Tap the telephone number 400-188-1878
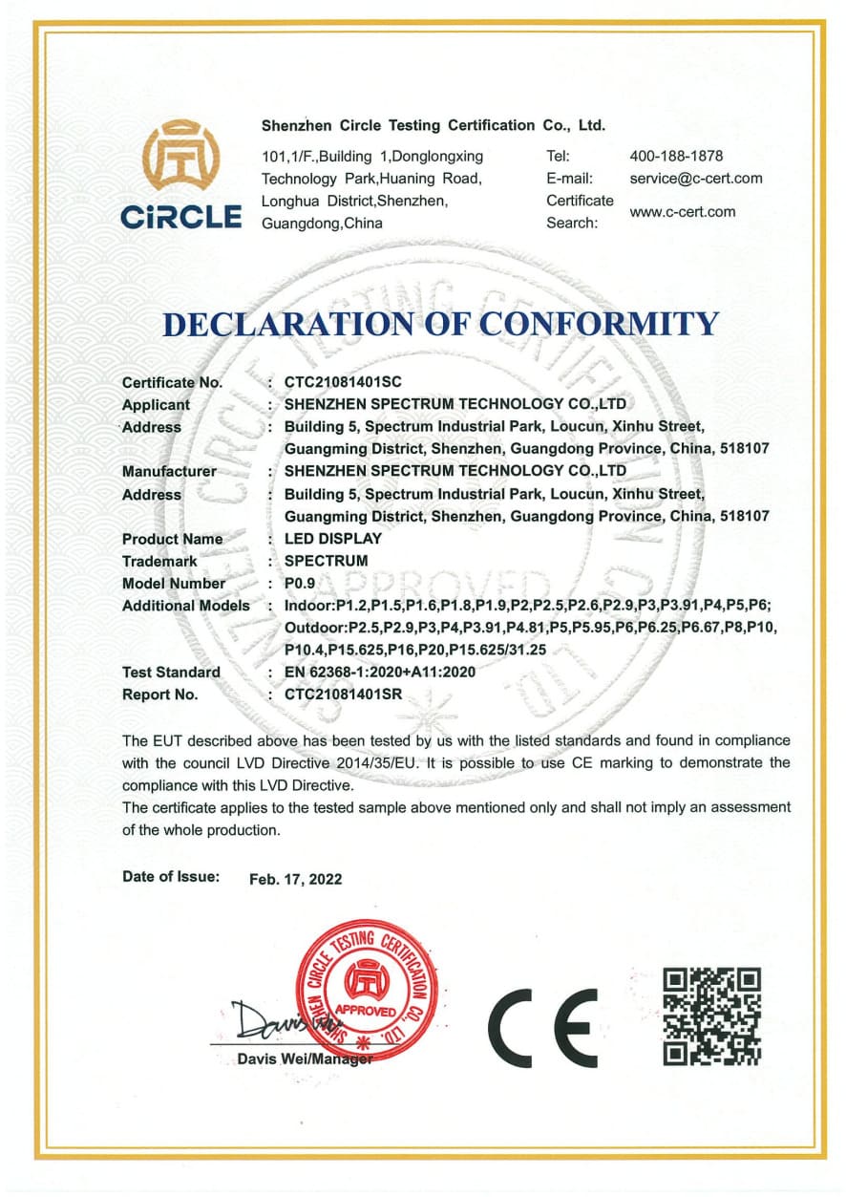point(676,156)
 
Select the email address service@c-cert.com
point(696,178)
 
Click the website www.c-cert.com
point(683,211)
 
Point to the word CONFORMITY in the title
point(599,323)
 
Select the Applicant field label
point(156,404)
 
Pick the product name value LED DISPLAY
point(333,539)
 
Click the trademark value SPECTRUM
point(327,561)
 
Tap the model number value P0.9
point(300,583)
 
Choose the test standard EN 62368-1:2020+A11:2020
point(380,672)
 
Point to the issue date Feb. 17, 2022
point(295,879)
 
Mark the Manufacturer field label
point(169,471)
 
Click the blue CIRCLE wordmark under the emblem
point(181,217)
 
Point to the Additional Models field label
point(186,606)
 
